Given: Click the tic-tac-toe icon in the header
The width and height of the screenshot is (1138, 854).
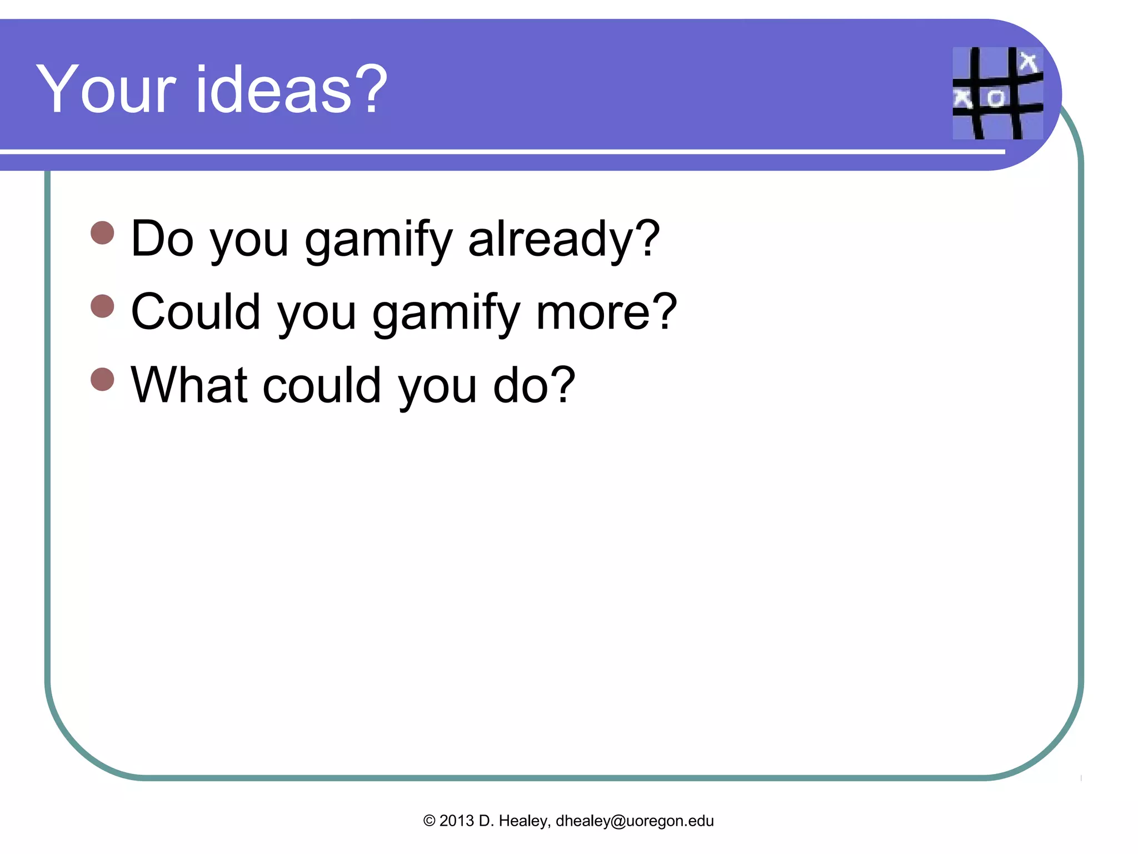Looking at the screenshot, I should pos(997,93).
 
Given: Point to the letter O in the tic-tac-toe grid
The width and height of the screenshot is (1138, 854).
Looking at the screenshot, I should pos(995,98).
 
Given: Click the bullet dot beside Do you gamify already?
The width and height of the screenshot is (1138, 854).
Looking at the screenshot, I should pos(102,233).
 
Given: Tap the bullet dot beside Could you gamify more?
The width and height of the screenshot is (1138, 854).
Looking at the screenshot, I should pos(102,306).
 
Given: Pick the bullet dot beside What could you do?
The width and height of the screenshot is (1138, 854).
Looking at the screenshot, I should pos(102,379).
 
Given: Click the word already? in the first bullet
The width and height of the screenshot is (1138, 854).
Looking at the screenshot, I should pos(564,239).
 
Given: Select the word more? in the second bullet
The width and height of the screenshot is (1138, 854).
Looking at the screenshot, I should pos(606,312).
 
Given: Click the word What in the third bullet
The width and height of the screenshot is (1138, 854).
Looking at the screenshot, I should pos(189,385).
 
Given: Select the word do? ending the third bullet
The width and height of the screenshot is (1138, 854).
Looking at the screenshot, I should pos(534,385).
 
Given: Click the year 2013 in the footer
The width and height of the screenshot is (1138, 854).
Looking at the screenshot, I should pos(456,821).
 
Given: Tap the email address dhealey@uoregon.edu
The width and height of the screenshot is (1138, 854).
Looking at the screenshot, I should pos(635,821).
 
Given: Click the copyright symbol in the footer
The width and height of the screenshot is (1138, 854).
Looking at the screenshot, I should pos(429,821).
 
